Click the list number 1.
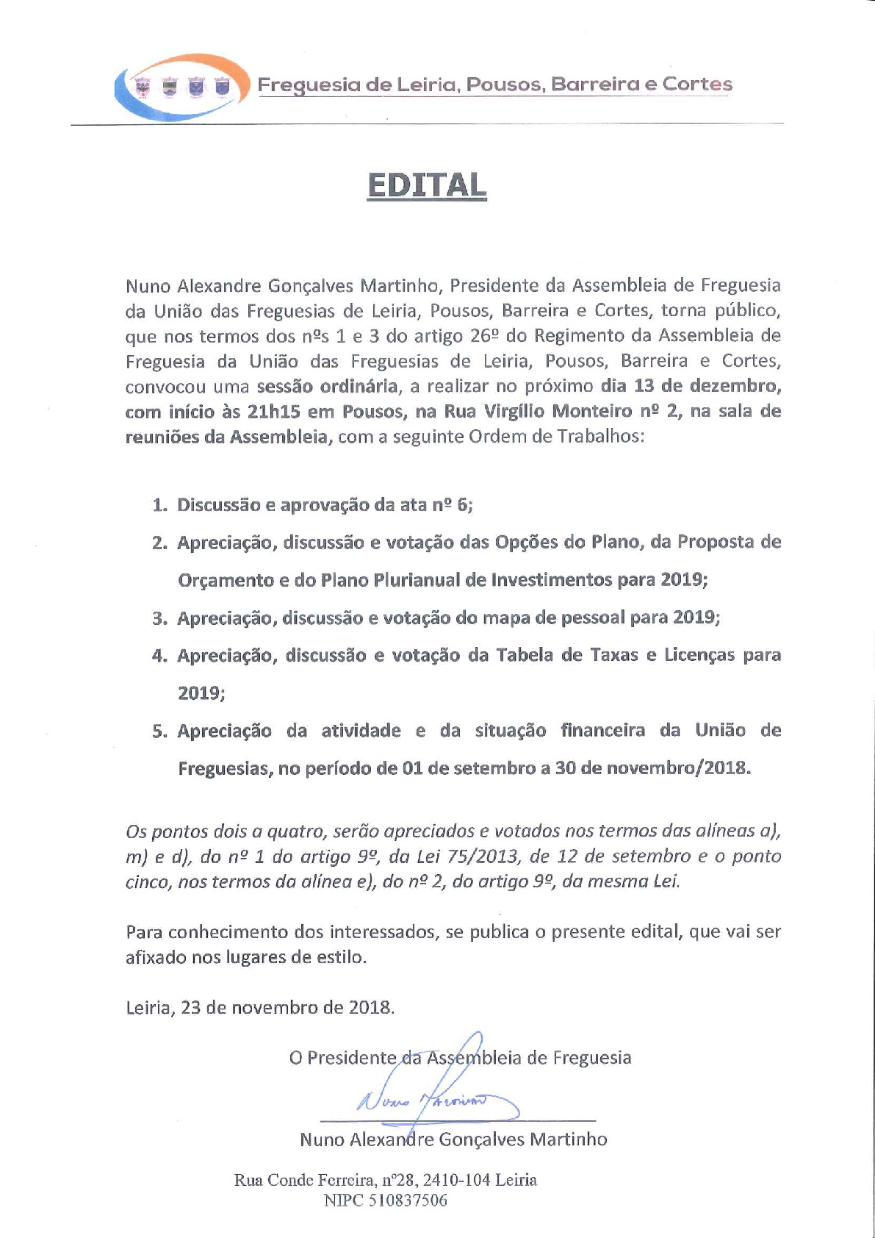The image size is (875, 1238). (x=159, y=505)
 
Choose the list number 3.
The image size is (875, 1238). (x=159, y=618)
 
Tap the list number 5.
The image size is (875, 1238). (x=159, y=731)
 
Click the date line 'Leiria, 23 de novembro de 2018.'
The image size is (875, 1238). (x=260, y=1007)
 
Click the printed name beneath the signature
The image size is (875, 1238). (x=453, y=1139)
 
